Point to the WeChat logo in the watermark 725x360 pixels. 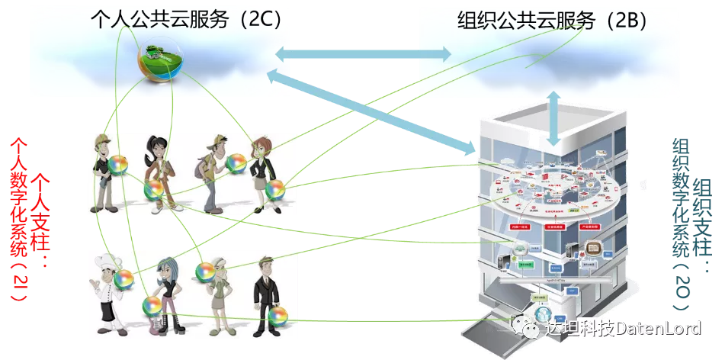click(x=526, y=327)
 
